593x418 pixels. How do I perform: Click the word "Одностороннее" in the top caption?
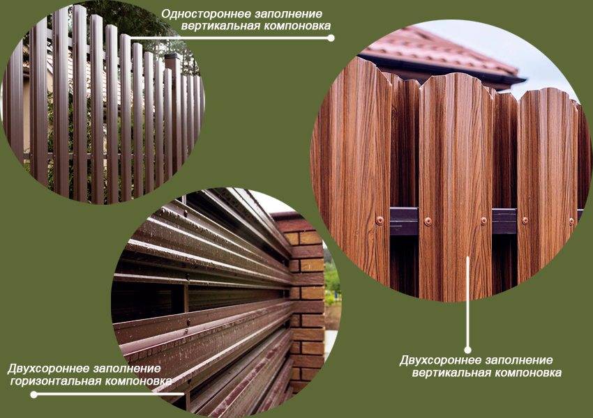[205, 15]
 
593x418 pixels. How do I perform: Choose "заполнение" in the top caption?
[288, 15]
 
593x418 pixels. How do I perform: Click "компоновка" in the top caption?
[297, 26]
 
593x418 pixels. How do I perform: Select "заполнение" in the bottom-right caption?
[520, 361]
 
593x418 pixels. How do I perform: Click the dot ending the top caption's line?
[331, 38]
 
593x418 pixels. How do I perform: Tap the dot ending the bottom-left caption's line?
[33, 394]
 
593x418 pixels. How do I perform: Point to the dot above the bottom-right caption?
[468, 350]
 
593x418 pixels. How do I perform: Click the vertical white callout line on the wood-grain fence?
[468, 302]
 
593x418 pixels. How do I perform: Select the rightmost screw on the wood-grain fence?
[571, 222]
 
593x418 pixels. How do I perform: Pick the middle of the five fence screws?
[483, 221]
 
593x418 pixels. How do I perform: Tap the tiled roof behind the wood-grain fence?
[439, 53]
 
